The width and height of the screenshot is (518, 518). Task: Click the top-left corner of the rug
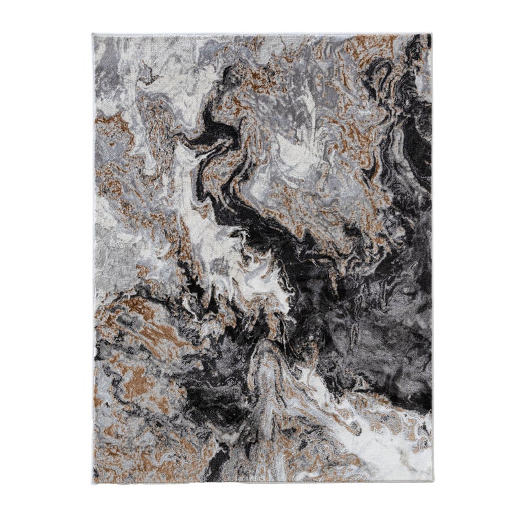(x=93, y=34)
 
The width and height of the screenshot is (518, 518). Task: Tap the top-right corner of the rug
(x=431, y=34)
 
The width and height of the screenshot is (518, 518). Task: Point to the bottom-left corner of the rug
(x=93, y=483)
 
